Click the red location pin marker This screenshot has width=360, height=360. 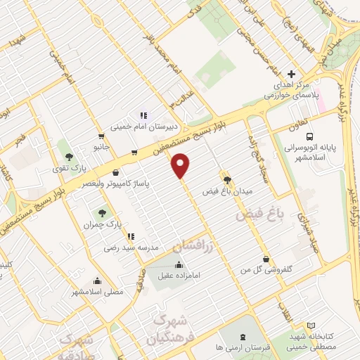click(181, 165)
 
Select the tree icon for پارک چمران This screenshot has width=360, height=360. click(103, 210)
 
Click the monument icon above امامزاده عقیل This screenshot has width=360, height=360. click(178, 265)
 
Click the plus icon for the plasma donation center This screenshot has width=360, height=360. click(292, 74)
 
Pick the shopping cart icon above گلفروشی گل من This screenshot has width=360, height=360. click(265, 258)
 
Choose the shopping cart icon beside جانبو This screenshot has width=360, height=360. click(103, 136)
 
